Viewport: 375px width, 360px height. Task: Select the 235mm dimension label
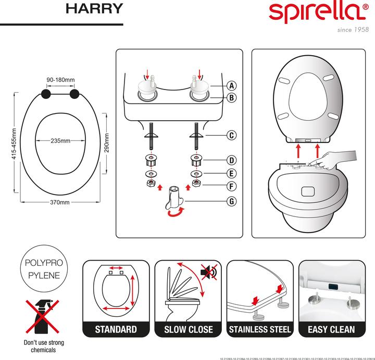tap(60, 141)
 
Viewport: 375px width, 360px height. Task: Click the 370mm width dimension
tap(60, 203)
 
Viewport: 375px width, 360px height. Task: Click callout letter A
tap(232, 86)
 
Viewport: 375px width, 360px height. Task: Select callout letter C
tap(232, 135)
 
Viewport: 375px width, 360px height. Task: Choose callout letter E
tap(232, 173)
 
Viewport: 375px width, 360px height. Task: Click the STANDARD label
tap(116, 329)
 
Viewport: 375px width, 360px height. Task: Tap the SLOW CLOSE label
tap(188, 329)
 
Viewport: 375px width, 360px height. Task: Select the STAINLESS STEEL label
tap(259, 329)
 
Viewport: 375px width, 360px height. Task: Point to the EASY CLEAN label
tap(331, 329)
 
